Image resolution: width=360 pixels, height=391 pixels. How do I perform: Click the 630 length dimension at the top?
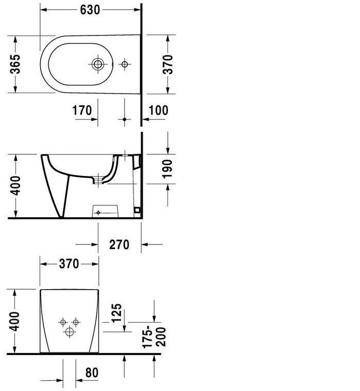coord(90,10)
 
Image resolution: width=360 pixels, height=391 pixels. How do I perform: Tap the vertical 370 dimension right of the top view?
coord(167,64)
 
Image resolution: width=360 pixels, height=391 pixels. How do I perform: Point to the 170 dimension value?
coord(82,110)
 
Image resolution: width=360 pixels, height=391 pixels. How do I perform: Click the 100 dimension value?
coord(158,110)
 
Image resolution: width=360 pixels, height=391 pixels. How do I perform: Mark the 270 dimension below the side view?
coord(119,244)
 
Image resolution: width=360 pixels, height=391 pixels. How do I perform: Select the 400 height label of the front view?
coord(15,321)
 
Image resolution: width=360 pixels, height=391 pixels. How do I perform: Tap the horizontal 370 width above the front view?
coord(68,264)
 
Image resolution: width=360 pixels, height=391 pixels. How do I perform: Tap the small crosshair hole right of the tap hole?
coord(124,64)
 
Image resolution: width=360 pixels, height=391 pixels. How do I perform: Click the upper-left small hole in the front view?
coord(63,322)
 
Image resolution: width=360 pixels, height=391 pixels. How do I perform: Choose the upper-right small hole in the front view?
coord(76,322)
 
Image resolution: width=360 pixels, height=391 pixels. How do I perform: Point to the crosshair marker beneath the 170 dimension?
coord(124,119)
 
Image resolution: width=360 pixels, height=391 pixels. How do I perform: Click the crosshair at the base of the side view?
coord(98,212)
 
